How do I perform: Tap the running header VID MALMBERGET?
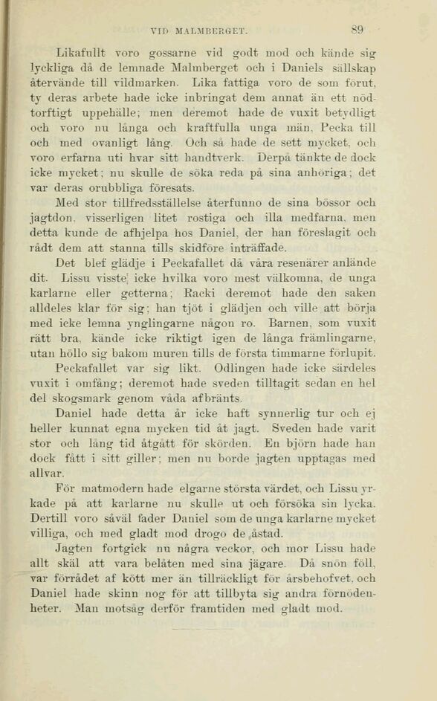pos(198,31)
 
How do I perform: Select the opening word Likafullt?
pos(80,52)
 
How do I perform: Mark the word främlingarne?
pos(339,339)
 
